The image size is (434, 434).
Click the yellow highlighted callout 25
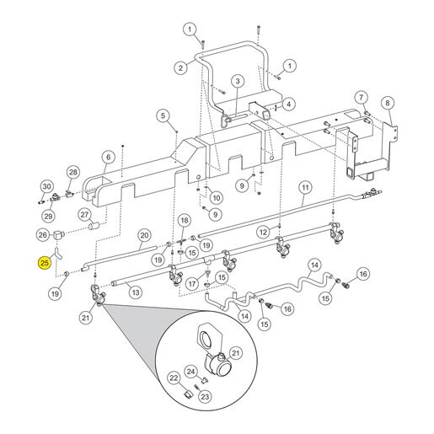[45, 263]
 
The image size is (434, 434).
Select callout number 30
[47, 186]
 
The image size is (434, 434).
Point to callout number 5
[163, 115]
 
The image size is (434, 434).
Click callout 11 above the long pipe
[305, 187]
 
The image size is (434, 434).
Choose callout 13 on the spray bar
[136, 292]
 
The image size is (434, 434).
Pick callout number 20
[144, 235]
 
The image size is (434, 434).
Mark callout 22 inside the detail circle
[174, 378]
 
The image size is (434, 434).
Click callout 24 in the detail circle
[190, 372]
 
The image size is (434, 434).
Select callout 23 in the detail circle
[205, 397]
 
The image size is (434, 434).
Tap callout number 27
[84, 215]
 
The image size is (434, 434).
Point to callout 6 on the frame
[109, 158]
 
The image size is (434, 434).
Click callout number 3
[238, 82]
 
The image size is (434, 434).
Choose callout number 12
[263, 232]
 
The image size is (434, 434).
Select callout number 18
[185, 221]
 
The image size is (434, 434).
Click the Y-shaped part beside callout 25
[56, 252]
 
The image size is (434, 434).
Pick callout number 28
[73, 172]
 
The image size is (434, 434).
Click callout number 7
[361, 98]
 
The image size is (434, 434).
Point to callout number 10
[217, 198]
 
